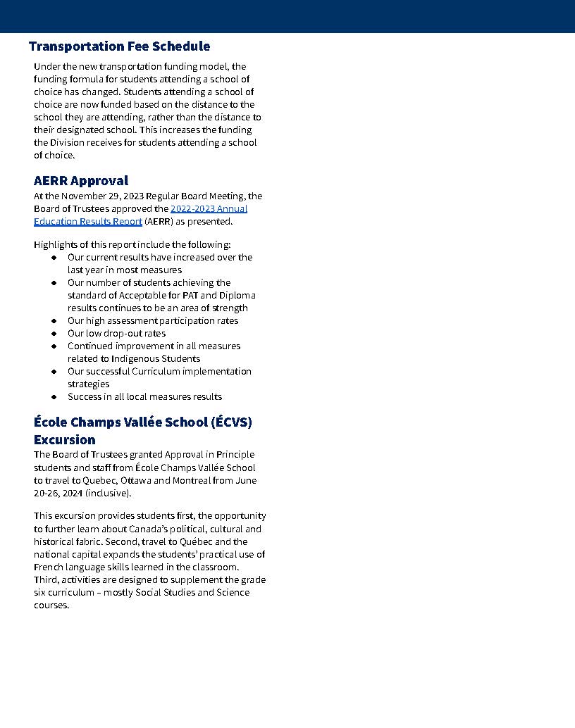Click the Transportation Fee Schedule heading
[x=119, y=46]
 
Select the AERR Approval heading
[x=81, y=181]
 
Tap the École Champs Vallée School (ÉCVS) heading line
[x=142, y=422]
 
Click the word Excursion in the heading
[x=64, y=440]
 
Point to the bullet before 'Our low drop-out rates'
[x=54, y=334]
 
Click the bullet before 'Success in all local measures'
[x=54, y=397]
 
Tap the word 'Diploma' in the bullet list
[x=237, y=296]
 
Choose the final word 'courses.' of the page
[x=51, y=605]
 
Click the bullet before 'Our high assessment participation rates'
[x=54, y=321]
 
